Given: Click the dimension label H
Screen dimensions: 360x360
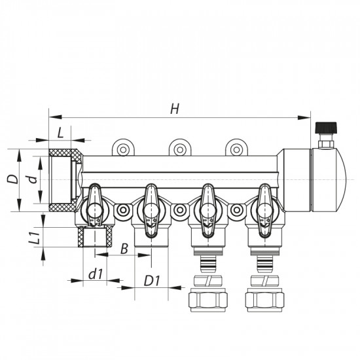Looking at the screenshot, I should [174, 109].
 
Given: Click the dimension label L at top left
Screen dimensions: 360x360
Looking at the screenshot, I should [60, 132].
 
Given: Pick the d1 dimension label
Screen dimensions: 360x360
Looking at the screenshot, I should [96, 275].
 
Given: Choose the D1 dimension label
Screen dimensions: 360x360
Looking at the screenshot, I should [152, 281].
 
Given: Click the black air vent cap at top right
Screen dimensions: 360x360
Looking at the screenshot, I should [323, 128].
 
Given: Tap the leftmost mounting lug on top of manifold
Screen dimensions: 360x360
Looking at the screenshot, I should [122, 149].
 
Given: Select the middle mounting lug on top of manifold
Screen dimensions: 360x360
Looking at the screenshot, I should [178, 149].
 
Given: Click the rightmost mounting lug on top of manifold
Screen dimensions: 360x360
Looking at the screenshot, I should [234, 149].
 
